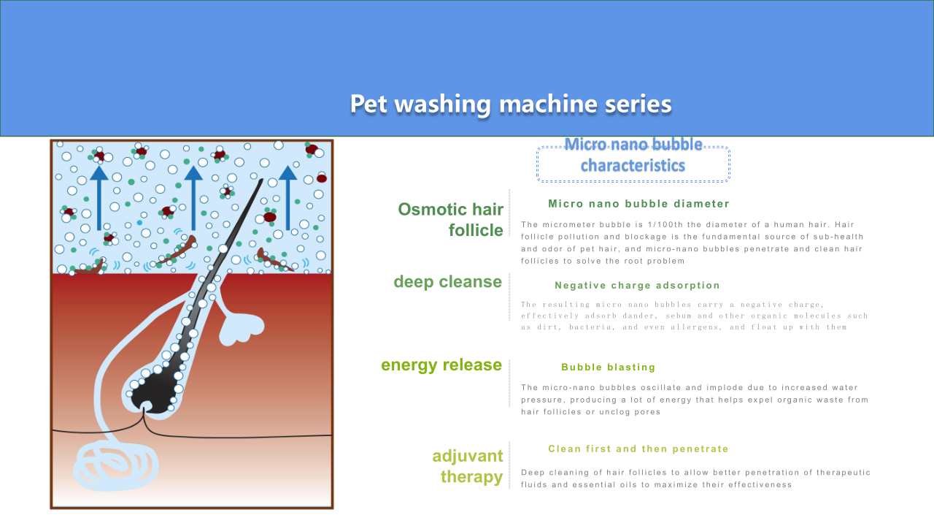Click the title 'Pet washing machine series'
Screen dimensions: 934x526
click(511, 104)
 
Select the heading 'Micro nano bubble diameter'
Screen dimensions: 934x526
click(638, 204)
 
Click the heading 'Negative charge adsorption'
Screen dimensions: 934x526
click(637, 286)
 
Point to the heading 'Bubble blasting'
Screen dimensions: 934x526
click(609, 367)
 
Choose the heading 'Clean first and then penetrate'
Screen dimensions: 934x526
click(638, 449)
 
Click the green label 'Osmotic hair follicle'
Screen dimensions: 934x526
click(451, 220)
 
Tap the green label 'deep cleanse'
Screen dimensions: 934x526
click(448, 282)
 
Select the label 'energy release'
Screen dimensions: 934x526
click(441, 365)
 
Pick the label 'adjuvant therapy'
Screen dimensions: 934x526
click(468, 466)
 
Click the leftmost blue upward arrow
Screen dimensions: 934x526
click(99, 198)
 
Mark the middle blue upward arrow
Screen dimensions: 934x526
click(193, 198)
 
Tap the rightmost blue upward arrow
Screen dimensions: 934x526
click(287, 198)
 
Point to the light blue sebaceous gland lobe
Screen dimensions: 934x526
click(241, 329)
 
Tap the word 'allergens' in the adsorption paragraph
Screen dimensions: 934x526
click(695, 327)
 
